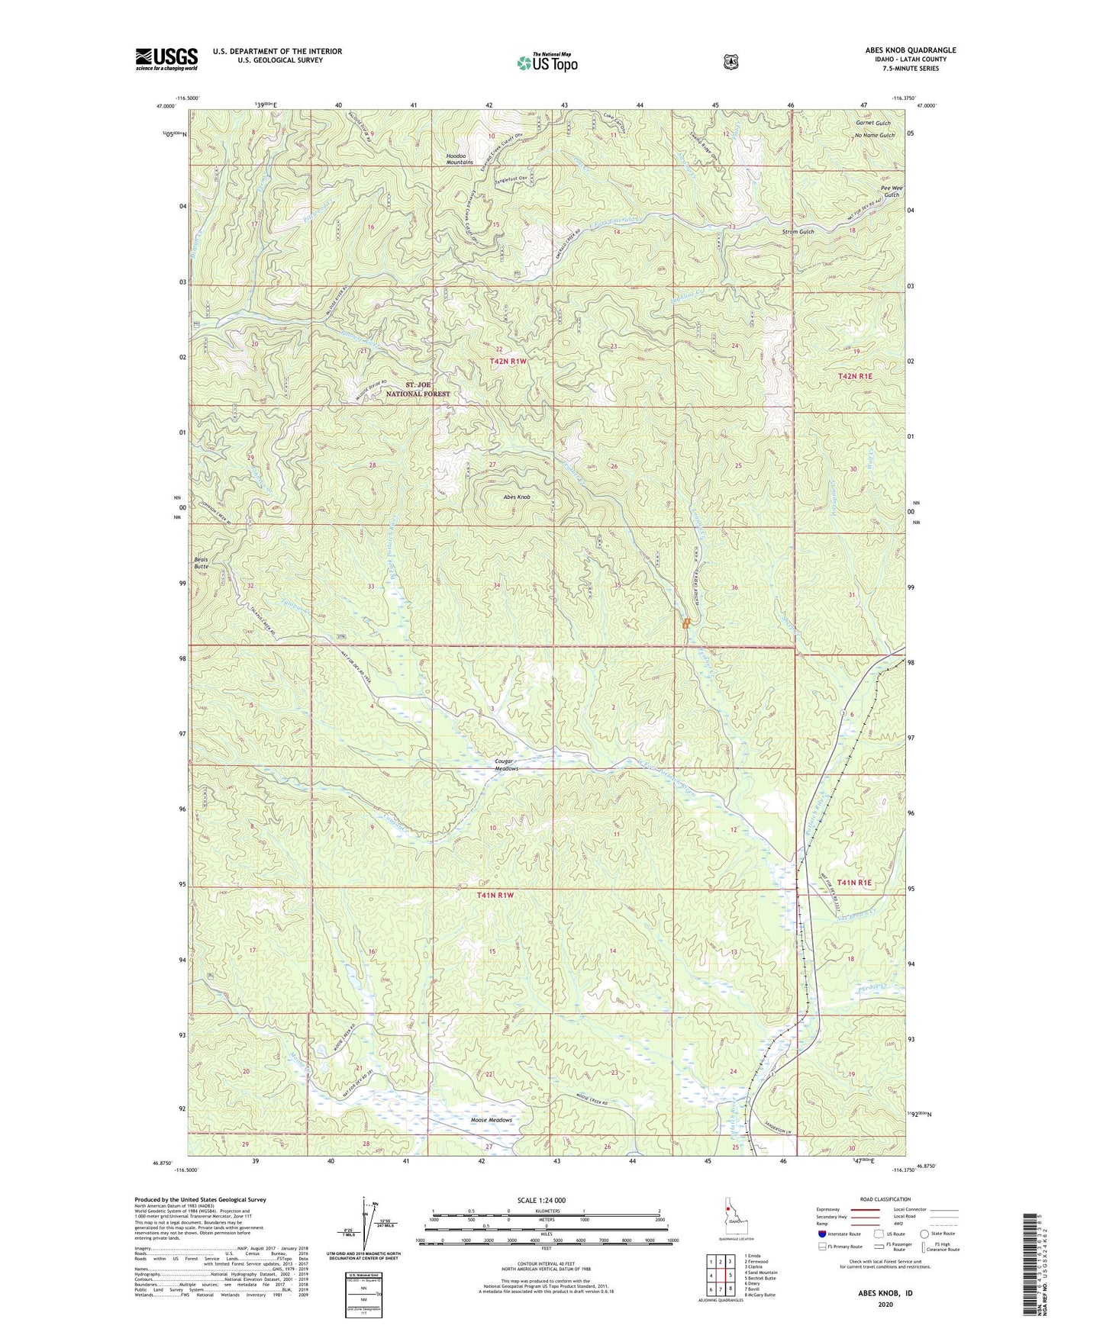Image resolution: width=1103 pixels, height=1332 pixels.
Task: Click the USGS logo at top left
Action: (x=166, y=59)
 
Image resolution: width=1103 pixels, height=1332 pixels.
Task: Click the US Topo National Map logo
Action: (x=547, y=62)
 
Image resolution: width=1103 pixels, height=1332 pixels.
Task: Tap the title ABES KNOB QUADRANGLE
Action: (x=907, y=50)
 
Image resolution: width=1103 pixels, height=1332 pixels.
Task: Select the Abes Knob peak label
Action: (x=516, y=497)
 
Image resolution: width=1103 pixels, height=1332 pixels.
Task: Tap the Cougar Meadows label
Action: (x=502, y=764)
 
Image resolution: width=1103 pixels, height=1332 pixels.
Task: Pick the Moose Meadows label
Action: (x=491, y=1120)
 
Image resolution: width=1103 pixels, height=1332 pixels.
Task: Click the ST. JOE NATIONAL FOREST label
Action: (x=427, y=389)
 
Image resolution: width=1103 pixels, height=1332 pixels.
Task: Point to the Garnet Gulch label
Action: (x=872, y=123)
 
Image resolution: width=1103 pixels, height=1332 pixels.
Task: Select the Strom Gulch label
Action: (x=798, y=231)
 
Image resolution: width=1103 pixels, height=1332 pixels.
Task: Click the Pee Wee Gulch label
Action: (x=890, y=191)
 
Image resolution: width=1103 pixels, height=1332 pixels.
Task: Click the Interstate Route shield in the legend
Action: (x=821, y=1234)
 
